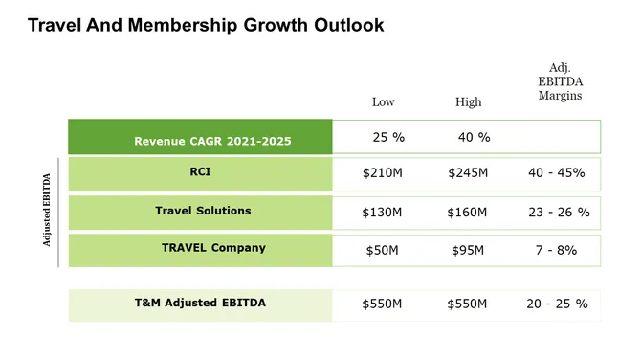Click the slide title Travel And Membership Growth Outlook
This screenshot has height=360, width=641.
206,26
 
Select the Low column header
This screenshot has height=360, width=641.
383,102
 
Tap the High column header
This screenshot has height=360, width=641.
469,102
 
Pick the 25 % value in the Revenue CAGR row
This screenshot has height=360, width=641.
388,137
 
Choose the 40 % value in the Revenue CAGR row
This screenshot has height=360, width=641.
474,137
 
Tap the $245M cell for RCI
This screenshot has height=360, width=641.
468,173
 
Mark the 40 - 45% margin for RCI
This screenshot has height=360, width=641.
556,173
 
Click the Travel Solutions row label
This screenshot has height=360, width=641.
203,211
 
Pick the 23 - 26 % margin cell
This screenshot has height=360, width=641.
559,212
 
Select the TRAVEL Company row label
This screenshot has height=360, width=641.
213,248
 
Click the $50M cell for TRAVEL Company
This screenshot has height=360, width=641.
383,251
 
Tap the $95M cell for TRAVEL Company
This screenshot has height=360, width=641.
468,251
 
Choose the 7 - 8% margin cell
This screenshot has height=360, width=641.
556,250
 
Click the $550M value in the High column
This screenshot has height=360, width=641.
468,304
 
